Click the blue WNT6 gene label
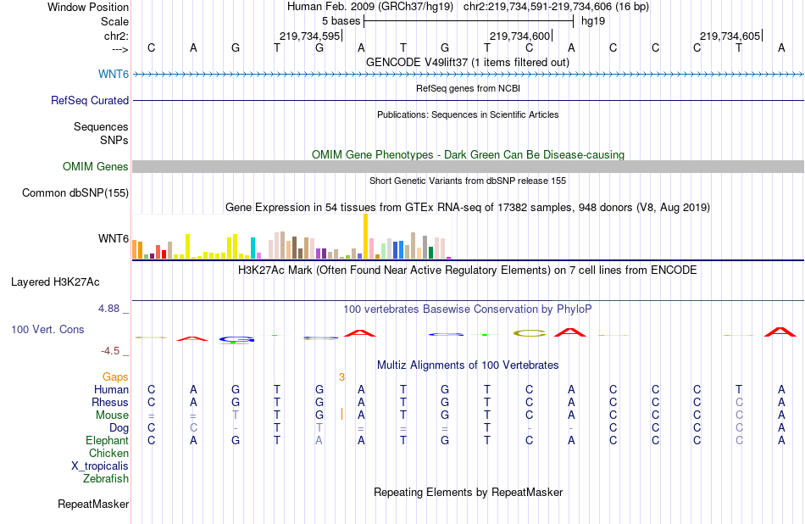[114, 75]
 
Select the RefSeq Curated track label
[89, 100]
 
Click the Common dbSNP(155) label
[75, 193]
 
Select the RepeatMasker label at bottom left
[93, 504]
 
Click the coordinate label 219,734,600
[519, 36]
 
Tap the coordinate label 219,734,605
[730, 36]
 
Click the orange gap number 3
[341, 376]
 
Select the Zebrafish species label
[106, 478]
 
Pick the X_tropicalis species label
[100, 465]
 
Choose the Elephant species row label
[107, 440]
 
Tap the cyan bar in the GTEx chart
[253, 247]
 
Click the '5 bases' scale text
[341, 20]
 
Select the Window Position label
[88, 7]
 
